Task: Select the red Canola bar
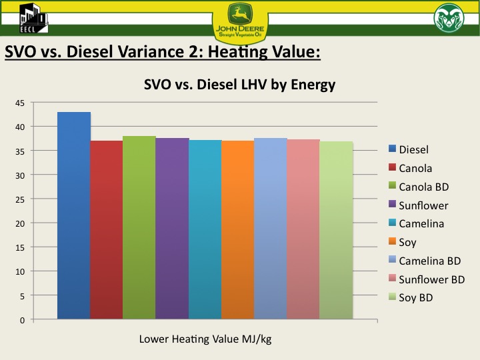[x=107, y=230]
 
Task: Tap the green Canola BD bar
[x=139, y=227]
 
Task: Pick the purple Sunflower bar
[x=172, y=229]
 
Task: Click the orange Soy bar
[x=237, y=230]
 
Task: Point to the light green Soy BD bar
[x=336, y=231]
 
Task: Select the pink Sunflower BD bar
[x=303, y=229]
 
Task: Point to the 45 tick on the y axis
[x=20, y=103]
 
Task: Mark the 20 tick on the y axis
[x=20, y=223]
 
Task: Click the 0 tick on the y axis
[x=22, y=319]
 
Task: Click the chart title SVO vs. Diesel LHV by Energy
[x=239, y=85]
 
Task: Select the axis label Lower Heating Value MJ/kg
[x=205, y=339]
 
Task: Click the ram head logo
[x=449, y=19]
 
